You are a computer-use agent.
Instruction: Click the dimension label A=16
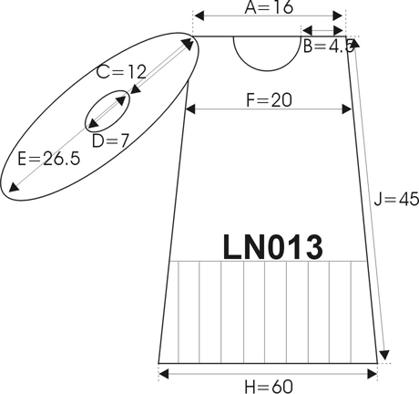(269, 7)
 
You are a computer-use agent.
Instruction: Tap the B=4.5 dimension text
(329, 47)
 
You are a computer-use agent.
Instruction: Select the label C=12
(121, 72)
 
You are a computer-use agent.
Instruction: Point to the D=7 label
(110, 140)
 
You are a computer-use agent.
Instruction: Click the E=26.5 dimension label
(49, 159)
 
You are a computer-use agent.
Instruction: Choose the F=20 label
(269, 100)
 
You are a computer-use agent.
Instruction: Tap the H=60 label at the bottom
(269, 387)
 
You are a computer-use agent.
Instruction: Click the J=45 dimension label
(396, 200)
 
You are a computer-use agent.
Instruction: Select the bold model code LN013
(272, 247)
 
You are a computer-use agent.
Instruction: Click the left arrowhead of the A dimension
(199, 16)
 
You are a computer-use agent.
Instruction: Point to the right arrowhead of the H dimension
(372, 374)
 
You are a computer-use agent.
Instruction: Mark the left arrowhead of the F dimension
(190, 109)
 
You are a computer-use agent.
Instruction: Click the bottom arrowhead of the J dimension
(384, 355)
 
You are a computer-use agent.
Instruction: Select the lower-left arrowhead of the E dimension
(13, 187)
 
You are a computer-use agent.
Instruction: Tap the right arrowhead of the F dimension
(347, 109)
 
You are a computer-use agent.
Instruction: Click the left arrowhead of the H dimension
(164, 374)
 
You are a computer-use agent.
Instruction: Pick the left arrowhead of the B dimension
(308, 30)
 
